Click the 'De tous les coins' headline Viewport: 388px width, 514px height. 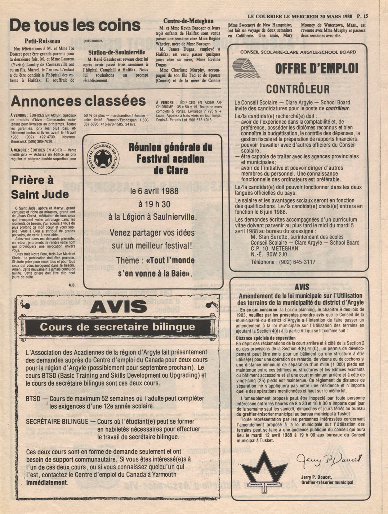75,26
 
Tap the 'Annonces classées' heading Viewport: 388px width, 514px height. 78,101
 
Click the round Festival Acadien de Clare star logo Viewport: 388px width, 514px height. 104,157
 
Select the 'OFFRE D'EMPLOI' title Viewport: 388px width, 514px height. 317,68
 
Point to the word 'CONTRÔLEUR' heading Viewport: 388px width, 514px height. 298,89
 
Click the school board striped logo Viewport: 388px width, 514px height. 246,68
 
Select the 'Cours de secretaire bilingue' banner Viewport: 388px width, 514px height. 117,327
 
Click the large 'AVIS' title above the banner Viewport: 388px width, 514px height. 119,307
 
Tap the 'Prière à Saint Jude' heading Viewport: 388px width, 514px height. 40,187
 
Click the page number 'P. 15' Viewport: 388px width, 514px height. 362,16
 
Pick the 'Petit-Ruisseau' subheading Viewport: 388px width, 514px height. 42,41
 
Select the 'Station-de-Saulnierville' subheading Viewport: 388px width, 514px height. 117,52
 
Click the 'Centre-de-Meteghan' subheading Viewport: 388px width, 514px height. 188,21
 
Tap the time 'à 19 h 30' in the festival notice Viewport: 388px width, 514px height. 154,204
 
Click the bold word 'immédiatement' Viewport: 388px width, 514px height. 47,482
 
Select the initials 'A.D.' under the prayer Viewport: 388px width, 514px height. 72,285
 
